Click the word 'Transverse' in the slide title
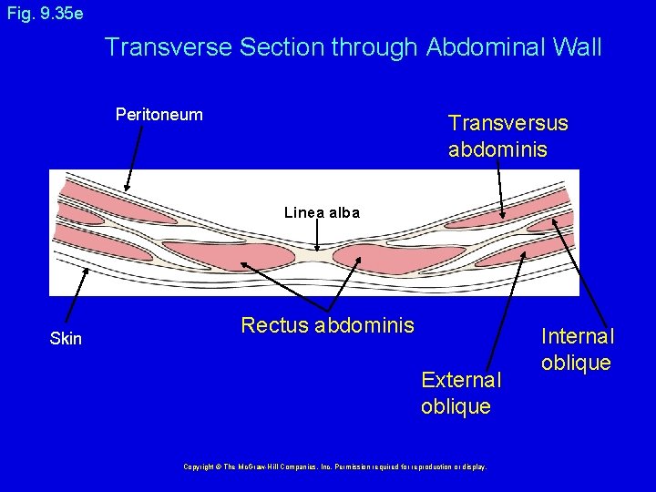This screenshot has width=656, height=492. (169, 47)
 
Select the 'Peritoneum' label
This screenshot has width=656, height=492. (159, 115)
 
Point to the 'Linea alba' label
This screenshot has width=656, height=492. (322, 213)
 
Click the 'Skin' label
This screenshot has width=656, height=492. (66, 339)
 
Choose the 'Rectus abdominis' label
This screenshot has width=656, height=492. (327, 325)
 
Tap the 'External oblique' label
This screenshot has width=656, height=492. (461, 393)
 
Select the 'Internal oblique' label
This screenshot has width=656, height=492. (578, 350)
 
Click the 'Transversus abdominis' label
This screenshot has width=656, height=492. (507, 136)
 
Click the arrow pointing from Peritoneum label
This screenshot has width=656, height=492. (135, 158)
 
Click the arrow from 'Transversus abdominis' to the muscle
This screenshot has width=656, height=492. (500, 190)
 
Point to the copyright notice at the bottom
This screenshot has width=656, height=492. (335, 466)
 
